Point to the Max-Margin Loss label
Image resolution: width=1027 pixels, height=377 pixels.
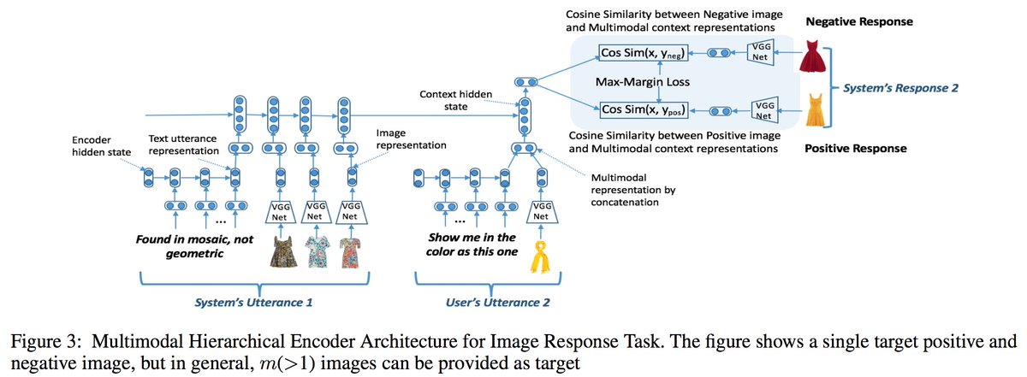point(644,81)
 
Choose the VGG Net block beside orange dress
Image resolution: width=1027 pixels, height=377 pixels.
point(761,109)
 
